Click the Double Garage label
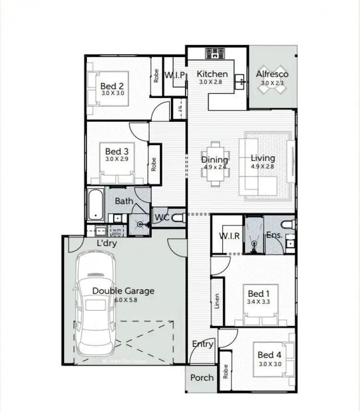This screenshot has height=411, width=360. point(123,291)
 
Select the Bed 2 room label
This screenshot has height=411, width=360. point(112,86)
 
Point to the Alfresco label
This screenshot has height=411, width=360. point(272,74)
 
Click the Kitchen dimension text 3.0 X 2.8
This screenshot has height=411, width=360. point(212,82)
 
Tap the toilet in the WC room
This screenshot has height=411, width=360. point(179,218)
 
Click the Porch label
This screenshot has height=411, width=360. point(202,377)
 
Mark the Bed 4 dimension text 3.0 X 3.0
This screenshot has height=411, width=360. point(269,364)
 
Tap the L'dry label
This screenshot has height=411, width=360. point(107,244)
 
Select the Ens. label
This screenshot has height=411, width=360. point(274,235)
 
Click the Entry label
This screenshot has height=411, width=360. point(203,344)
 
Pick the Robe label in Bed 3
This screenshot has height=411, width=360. point(154,164)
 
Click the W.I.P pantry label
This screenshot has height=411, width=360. point(175,75)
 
